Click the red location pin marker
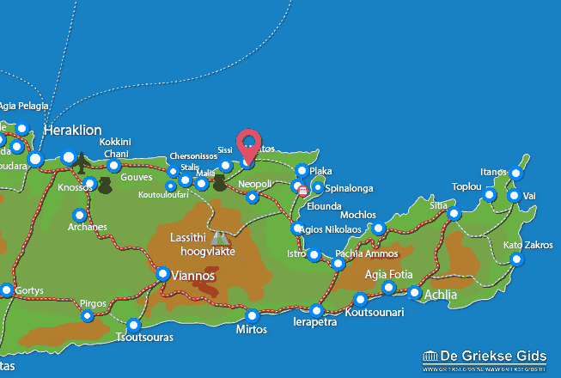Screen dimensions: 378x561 [x=249, y=144]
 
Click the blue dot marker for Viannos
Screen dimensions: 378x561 [x=163, y=274]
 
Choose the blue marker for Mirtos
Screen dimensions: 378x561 [x=252, y=315]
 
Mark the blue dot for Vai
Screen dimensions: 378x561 [x=514, y=196]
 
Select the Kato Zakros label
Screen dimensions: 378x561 [x=527, y=246]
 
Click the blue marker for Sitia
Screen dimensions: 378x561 [x=454, y=214]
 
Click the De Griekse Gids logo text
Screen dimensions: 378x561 [x=493, y=357]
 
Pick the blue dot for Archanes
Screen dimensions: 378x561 [x=80, y=215]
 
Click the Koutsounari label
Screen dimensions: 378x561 [x=374, y=313]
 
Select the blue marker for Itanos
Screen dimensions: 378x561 [x=515, y=174]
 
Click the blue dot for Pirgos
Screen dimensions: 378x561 [x=87, y=316]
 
